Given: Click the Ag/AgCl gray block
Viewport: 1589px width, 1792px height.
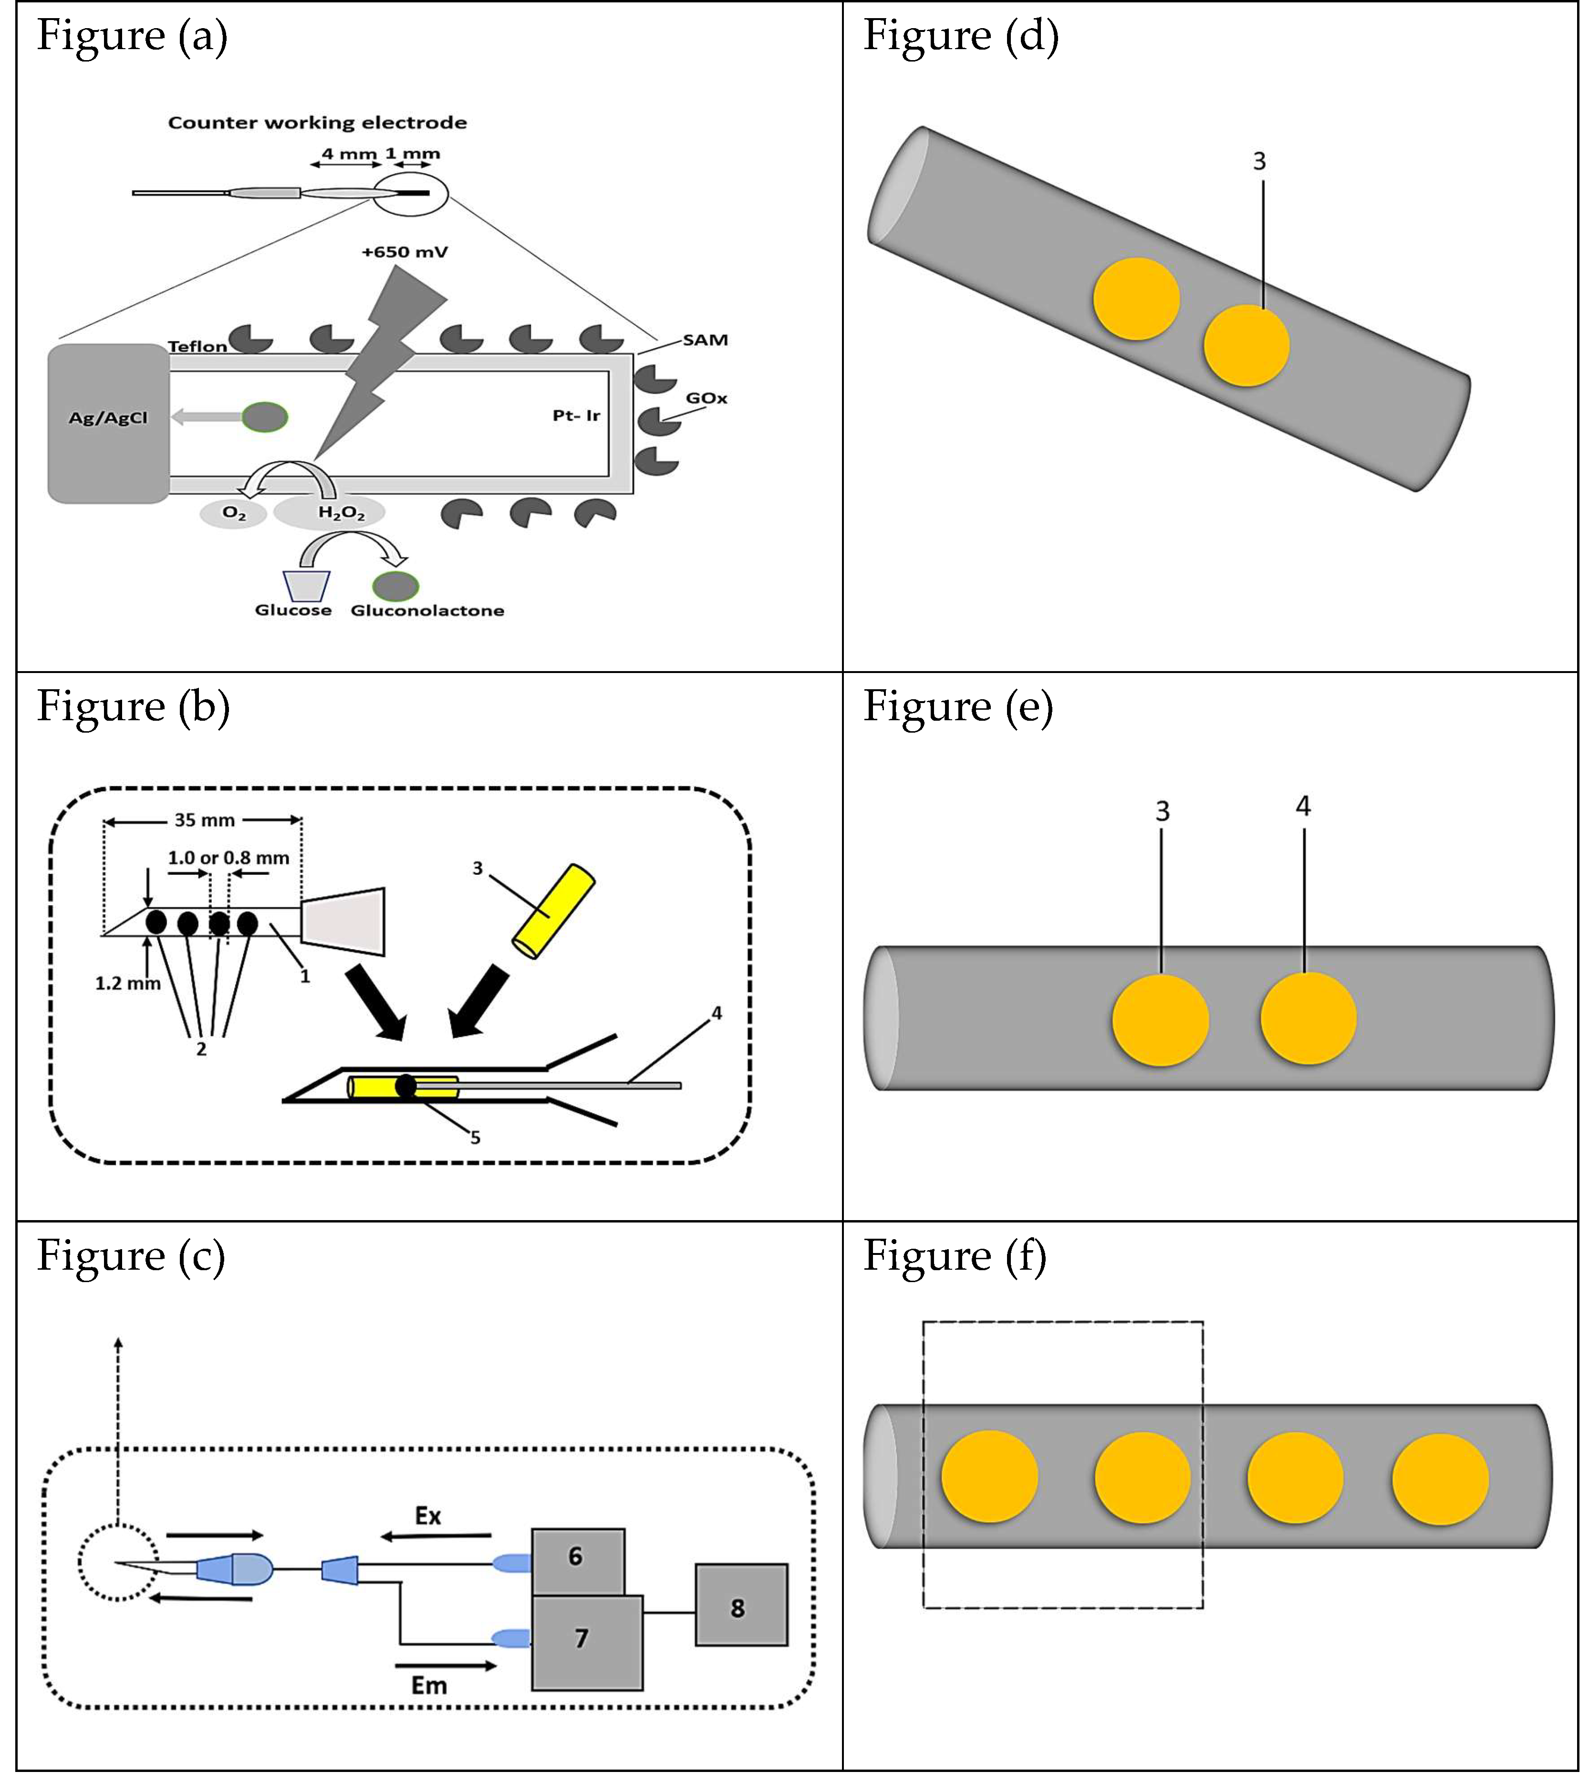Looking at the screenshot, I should [x=108, y=424].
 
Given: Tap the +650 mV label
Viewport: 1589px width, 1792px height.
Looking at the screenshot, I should [x=404, y=252].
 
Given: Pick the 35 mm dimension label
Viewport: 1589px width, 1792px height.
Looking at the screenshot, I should [x=204, y=820].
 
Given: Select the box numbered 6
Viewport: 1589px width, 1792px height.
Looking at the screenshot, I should [x=577, y=1556].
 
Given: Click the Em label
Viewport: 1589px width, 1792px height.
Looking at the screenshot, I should [x=429, y=1685].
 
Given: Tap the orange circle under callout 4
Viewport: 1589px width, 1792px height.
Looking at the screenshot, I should [x=1308, y=1019].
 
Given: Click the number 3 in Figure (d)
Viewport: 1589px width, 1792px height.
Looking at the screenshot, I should [x=1259, y=161].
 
